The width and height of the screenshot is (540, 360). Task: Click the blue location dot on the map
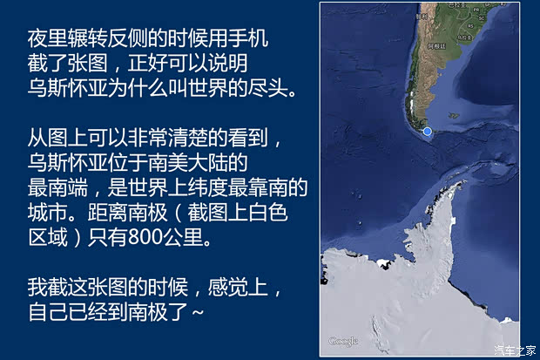coord(427,132)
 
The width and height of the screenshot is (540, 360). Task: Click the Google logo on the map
coord(343,341)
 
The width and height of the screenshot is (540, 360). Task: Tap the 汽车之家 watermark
coord(516,350)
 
